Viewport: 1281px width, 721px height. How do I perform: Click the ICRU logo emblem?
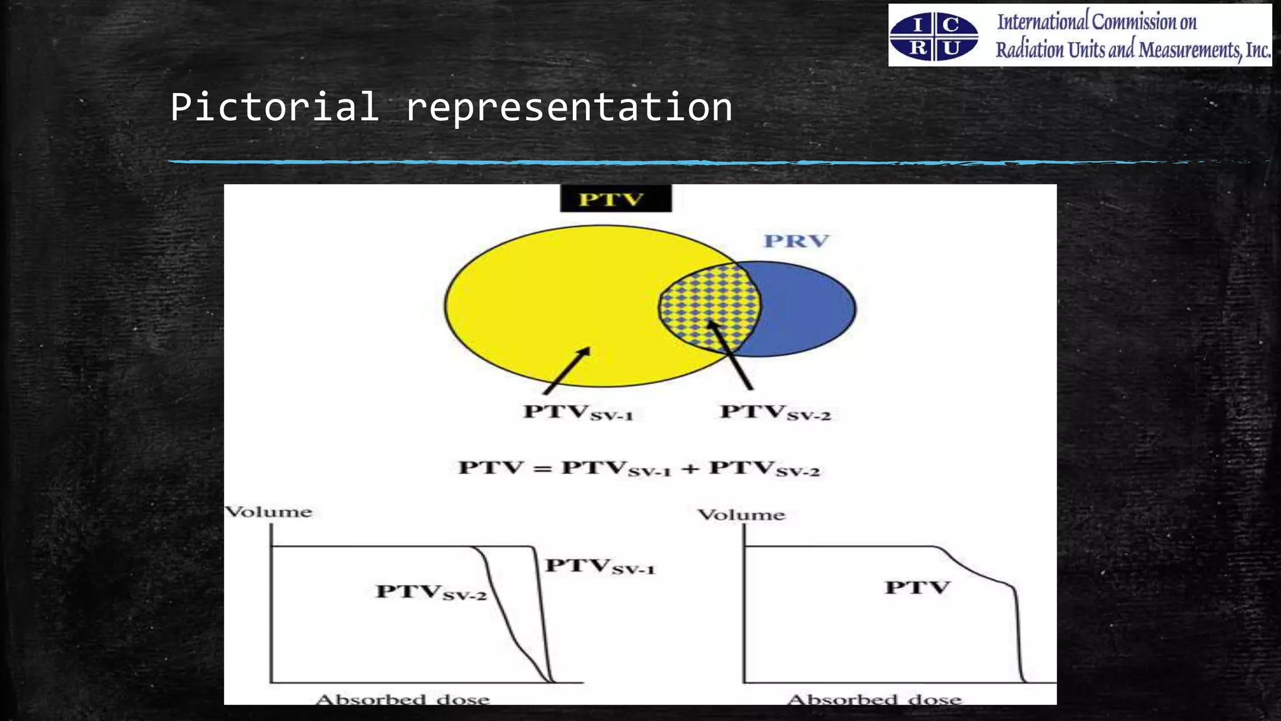pyautogui.click(x=934, y=36)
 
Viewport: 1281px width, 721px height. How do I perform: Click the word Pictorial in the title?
pyautogui.click(x=274, y=106)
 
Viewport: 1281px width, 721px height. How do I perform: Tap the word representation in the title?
pyautogui.click(x=569, y=108)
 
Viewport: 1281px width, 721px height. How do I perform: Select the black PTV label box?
pyautogui.click(x=615, y=199)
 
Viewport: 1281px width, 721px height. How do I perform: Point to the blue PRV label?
pyautogui.click(x=796, y=241)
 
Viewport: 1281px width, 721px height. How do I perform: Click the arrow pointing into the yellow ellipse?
pyautogui.click(x=567, y=371)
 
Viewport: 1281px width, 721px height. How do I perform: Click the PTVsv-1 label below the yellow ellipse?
pyautogui.click(x=578, y=413)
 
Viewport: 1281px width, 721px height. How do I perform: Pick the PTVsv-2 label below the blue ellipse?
pyautogui.click(x=775, y=413)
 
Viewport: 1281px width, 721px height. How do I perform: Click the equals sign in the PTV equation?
pyautogui.click(x=542, y=468)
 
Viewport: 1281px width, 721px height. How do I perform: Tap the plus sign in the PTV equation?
pyautogui.click(x=689, y=468)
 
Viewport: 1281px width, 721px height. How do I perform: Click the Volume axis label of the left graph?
pyautogui.click(x=268, y=512)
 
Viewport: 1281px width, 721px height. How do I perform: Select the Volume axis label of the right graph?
pyautogui.click(x=741, y=515)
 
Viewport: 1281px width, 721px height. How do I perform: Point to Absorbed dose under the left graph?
pyautogui.click(x=403, y=698)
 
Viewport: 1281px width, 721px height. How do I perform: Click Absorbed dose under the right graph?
pyautogui.click(x=874, y=698)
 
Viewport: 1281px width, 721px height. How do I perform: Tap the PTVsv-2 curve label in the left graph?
pyautogui.click(x=431, y=592)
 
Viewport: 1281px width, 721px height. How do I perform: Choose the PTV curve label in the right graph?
pyautogui.click(x=917, y=588)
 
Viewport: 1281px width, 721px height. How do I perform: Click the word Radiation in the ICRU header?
pyautogui.click(x=1030, y=49)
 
